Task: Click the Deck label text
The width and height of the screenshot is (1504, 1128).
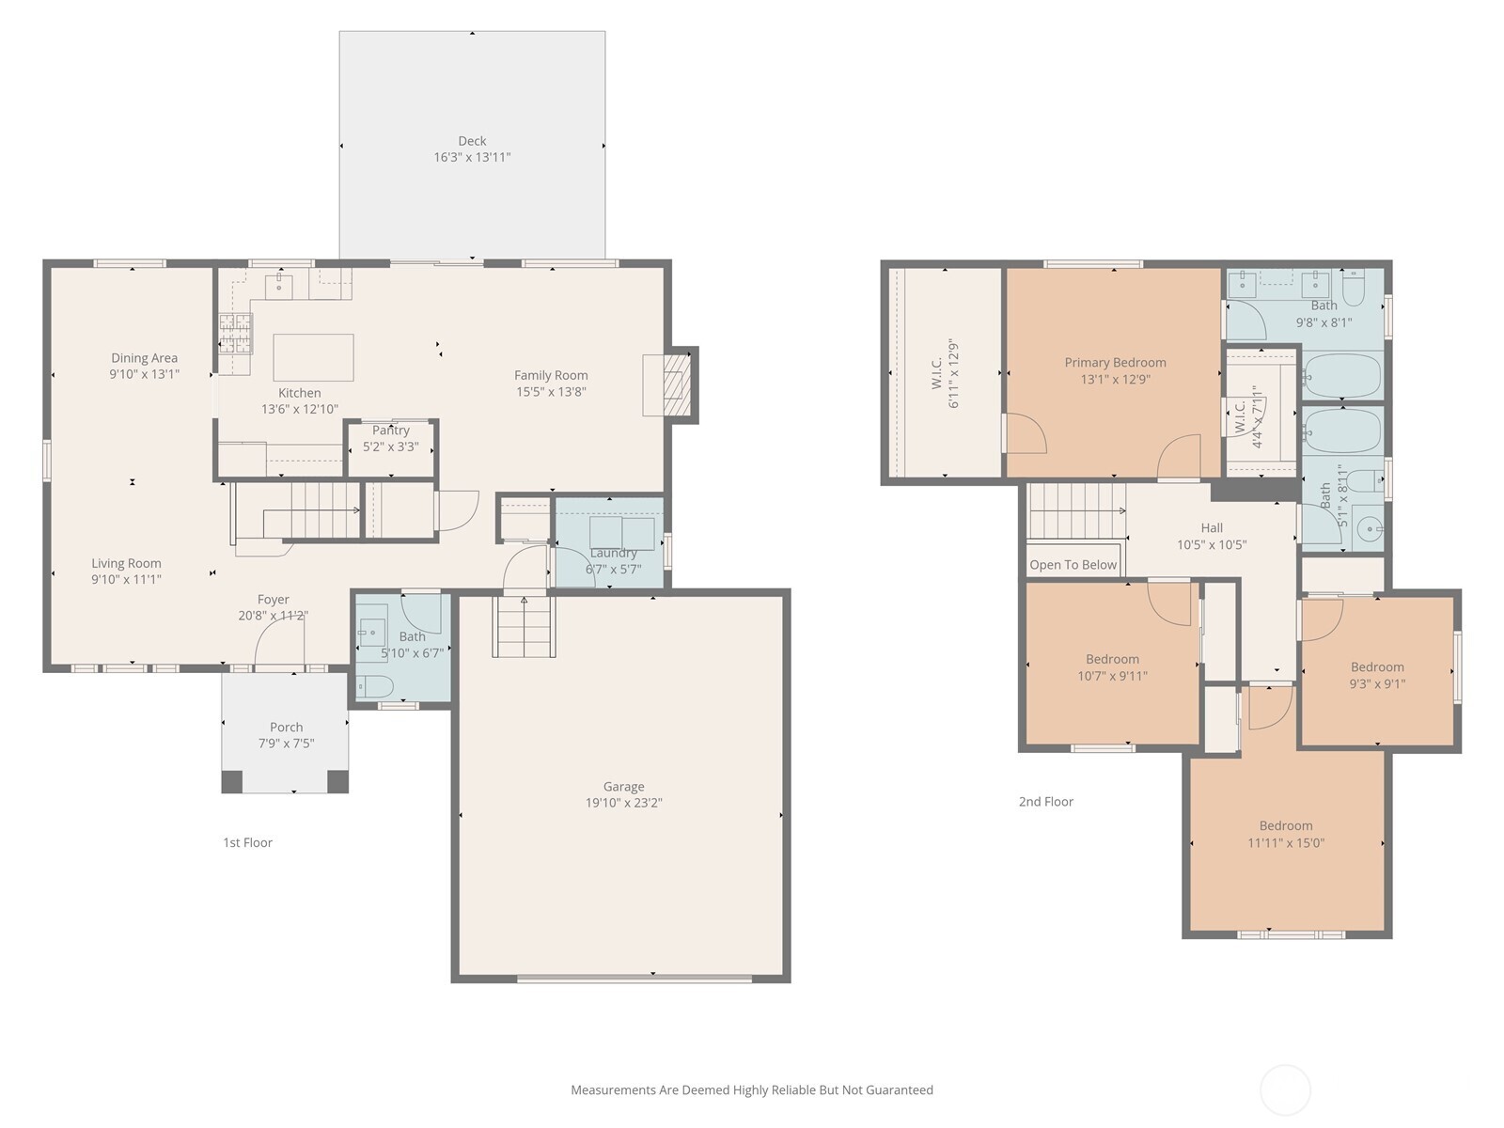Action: point(472,141)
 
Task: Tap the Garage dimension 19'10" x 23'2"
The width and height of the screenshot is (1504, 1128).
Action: point(624,803)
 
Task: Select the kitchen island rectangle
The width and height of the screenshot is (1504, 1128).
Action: point(313,357)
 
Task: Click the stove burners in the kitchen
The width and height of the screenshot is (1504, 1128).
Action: point(236,333)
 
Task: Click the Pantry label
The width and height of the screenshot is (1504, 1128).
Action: point(391,431)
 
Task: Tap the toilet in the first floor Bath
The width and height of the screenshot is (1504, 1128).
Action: point(375,686)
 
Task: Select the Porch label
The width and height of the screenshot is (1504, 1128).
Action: point(286,727)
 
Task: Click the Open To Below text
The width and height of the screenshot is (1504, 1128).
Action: point(1073,565)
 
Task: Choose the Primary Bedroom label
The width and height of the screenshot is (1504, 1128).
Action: point(1115,363)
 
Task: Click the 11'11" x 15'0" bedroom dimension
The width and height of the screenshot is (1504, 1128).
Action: point(1285,843)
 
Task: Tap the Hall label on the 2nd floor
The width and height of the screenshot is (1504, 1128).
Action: point(1212,528)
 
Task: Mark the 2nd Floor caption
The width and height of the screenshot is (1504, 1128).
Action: point(1045,802)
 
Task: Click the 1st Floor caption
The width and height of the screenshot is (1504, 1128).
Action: point(247,842)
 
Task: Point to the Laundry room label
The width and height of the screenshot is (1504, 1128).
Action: point(613,553)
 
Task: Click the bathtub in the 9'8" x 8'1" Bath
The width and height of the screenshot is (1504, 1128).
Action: point(1342,376)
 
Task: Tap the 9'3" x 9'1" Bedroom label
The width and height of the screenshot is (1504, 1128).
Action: point(1377,667)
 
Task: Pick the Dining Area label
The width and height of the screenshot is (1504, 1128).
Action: point(144,358)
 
